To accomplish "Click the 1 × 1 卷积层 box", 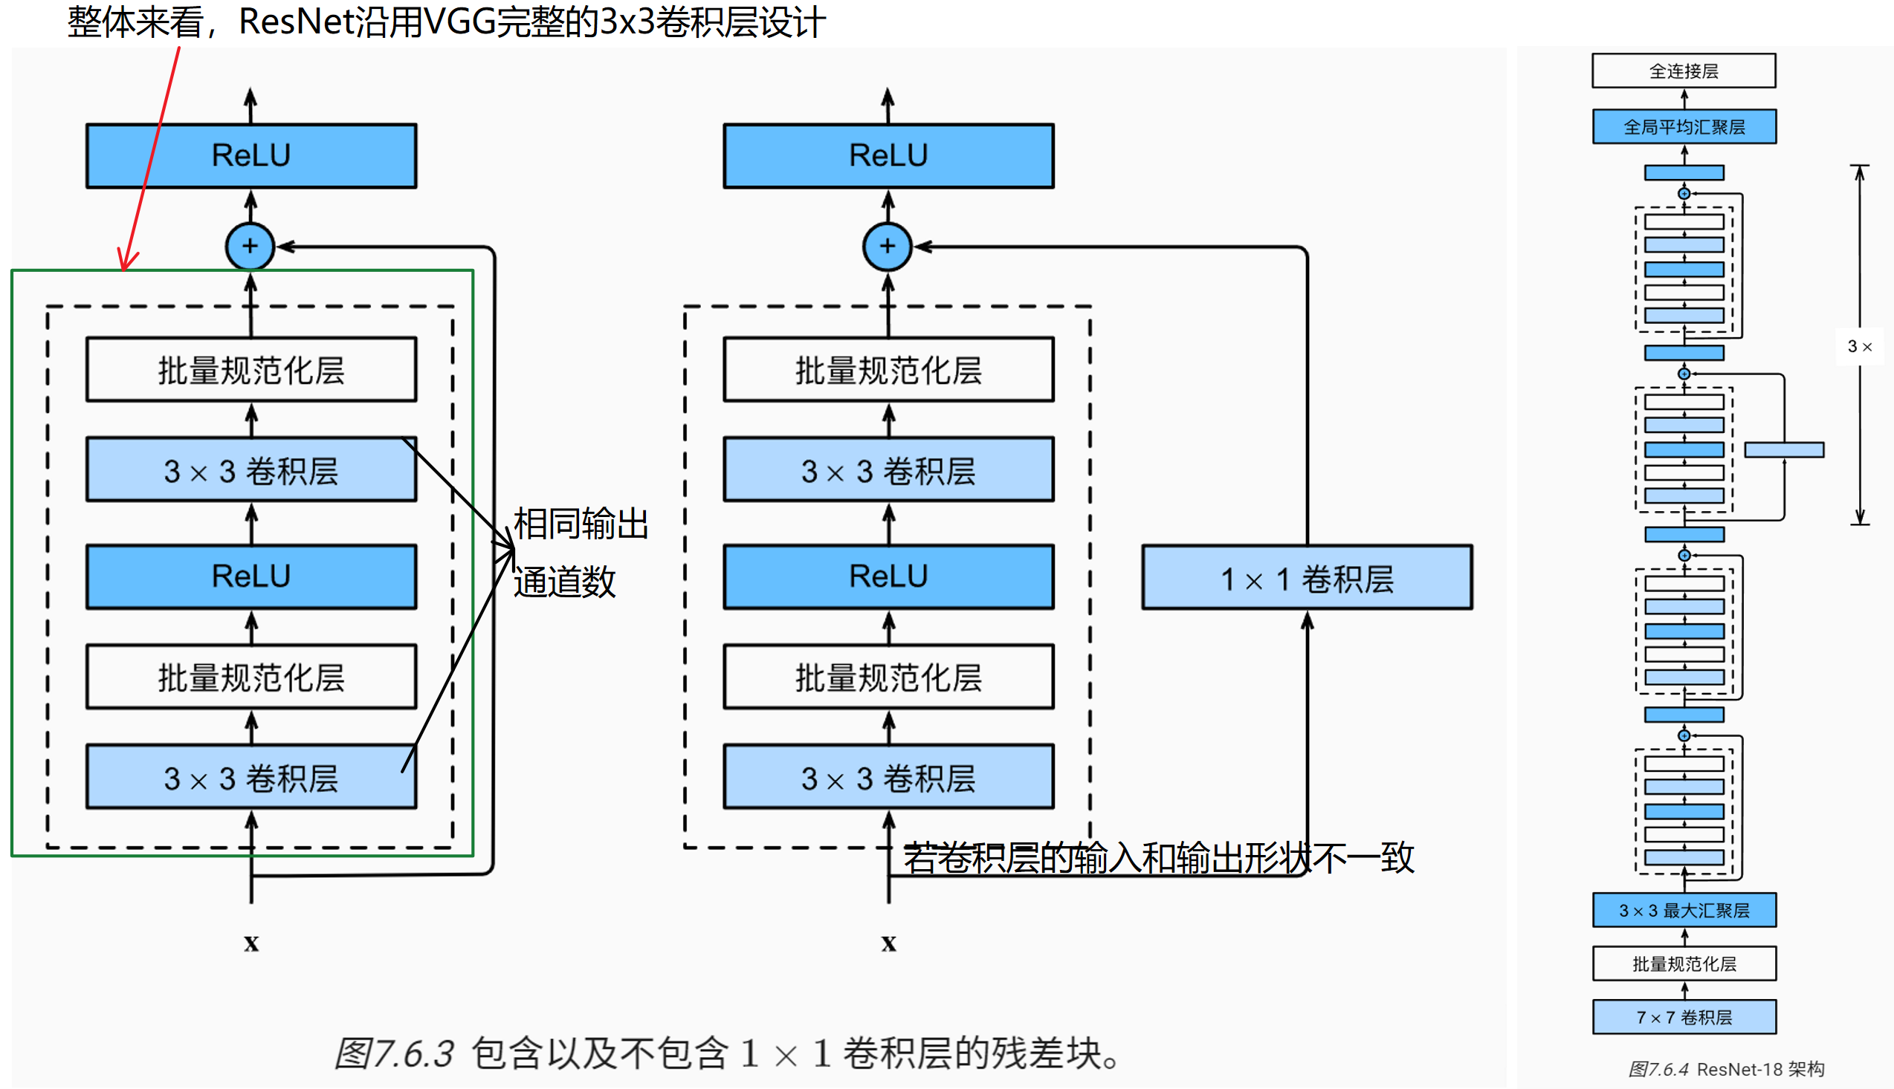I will pyautogui.click(x=1306, y=577).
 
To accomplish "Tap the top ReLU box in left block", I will pyautogui.click(x=251, y=155).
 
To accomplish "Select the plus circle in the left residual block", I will pyautogui.click(x=250, y=246).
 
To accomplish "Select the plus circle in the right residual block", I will pyautogui.click(x=887, y=246).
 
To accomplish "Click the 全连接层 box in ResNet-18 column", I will pyautogui.click(x=1683, y=71).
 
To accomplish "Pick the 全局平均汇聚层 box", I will pyautogui.click(x=1683, y=126).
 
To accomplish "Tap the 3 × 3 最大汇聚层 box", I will pyautogui.click(x=1683, y=910).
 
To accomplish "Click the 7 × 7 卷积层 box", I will pyautogui.click(x=1683, y=1017).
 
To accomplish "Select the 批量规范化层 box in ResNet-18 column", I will pyautogui.click(x=1683, y=963).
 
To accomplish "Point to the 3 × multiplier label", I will pyautogui.click(x=1859, y=346).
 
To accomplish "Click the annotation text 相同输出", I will pyautogui.click(x=580, y=524).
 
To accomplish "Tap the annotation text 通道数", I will pyautogui.click(x=563, y=582).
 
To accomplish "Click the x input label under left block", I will pyautogui.click(x=251, y=943).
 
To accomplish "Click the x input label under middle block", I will pyautogui.click(x=888, y=943).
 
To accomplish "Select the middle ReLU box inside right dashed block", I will pyautogui.click(x=888, y=576).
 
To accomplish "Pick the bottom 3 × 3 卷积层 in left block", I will pyautogui.click(x=251, y=778).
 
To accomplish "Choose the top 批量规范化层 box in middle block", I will pyautogui.click(x=888, y=370).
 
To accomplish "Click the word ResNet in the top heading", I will pyautogui.click(x=296, y=22).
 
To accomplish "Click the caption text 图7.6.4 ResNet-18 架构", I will pyautogui.click(x=1725, y=1069).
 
